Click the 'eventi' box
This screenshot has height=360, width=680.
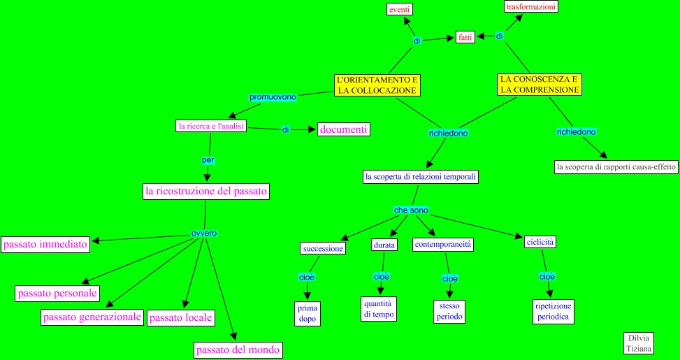tap(399, 9)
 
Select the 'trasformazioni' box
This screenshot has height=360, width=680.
tap(531, 6)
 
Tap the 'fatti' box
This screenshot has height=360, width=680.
tap(465, 37)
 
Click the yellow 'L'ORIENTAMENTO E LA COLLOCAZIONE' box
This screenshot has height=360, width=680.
tap(377, 85)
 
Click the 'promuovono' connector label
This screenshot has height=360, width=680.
tap(273, 96)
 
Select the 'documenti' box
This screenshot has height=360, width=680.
tap(343, 129)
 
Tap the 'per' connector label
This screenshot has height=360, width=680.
tap(208, 160)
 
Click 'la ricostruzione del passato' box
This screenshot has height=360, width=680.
tap(205, 191)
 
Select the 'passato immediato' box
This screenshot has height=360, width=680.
tap(45, 245)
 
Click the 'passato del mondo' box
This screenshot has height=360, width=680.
tap(238, 350)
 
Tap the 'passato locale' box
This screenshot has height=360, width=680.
tap(181, 317)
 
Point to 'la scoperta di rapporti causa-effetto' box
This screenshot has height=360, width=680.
tap(616, 167)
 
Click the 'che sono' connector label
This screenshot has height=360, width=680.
tap(411, 210)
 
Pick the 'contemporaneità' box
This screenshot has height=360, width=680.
tap(443, 245)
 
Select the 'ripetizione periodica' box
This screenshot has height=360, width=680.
tap(553, 311)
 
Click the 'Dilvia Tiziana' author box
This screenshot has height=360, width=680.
tap(639, 343)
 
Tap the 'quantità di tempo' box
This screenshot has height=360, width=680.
tap(379, 308)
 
